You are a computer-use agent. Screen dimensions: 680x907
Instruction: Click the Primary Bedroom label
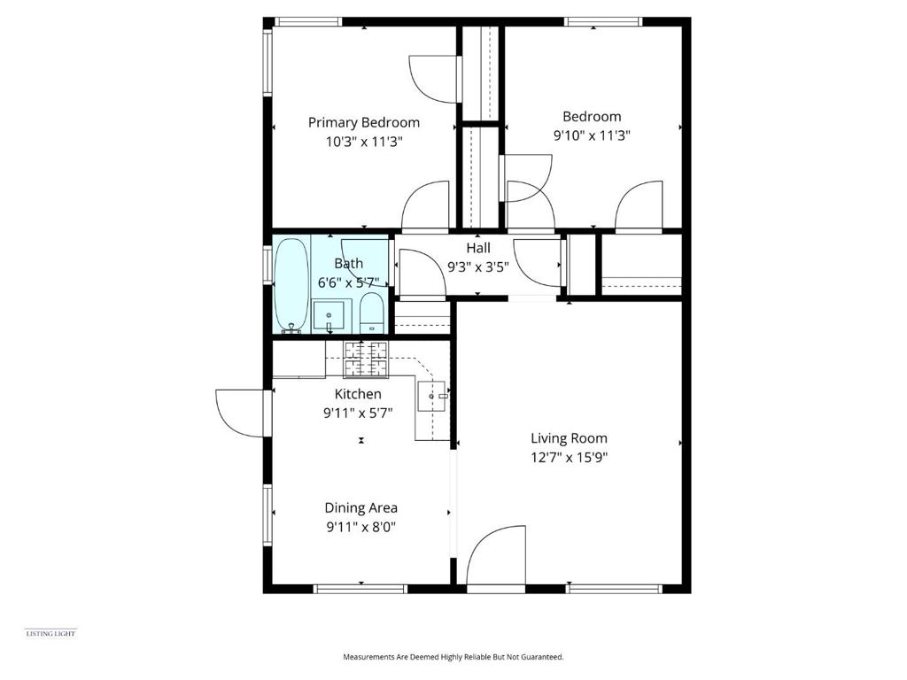[363, 122]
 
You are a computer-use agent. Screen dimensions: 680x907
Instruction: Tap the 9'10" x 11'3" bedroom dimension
[592, 135]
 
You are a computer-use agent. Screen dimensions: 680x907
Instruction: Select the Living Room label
[569, 437]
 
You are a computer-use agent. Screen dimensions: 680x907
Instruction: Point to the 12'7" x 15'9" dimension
[569, 458]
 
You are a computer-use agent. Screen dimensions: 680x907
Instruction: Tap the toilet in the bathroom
[372, 313]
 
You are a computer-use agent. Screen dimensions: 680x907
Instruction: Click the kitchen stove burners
[366, 358]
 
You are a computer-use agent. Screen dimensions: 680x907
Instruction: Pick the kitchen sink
[433, 397]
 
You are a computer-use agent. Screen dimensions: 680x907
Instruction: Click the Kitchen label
[358, 394]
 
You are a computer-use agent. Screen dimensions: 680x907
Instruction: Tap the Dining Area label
[360, 507]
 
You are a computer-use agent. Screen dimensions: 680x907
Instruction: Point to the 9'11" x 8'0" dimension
[360, 527]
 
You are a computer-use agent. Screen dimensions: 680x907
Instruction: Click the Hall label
[478, 248]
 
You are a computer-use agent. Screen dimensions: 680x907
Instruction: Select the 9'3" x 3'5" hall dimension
[478, 266]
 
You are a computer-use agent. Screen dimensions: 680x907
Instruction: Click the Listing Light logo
[50, 632]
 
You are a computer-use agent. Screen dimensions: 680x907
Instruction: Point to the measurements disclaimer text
[453, 657]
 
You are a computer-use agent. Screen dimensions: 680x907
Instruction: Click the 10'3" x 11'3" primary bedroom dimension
[363, 142]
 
